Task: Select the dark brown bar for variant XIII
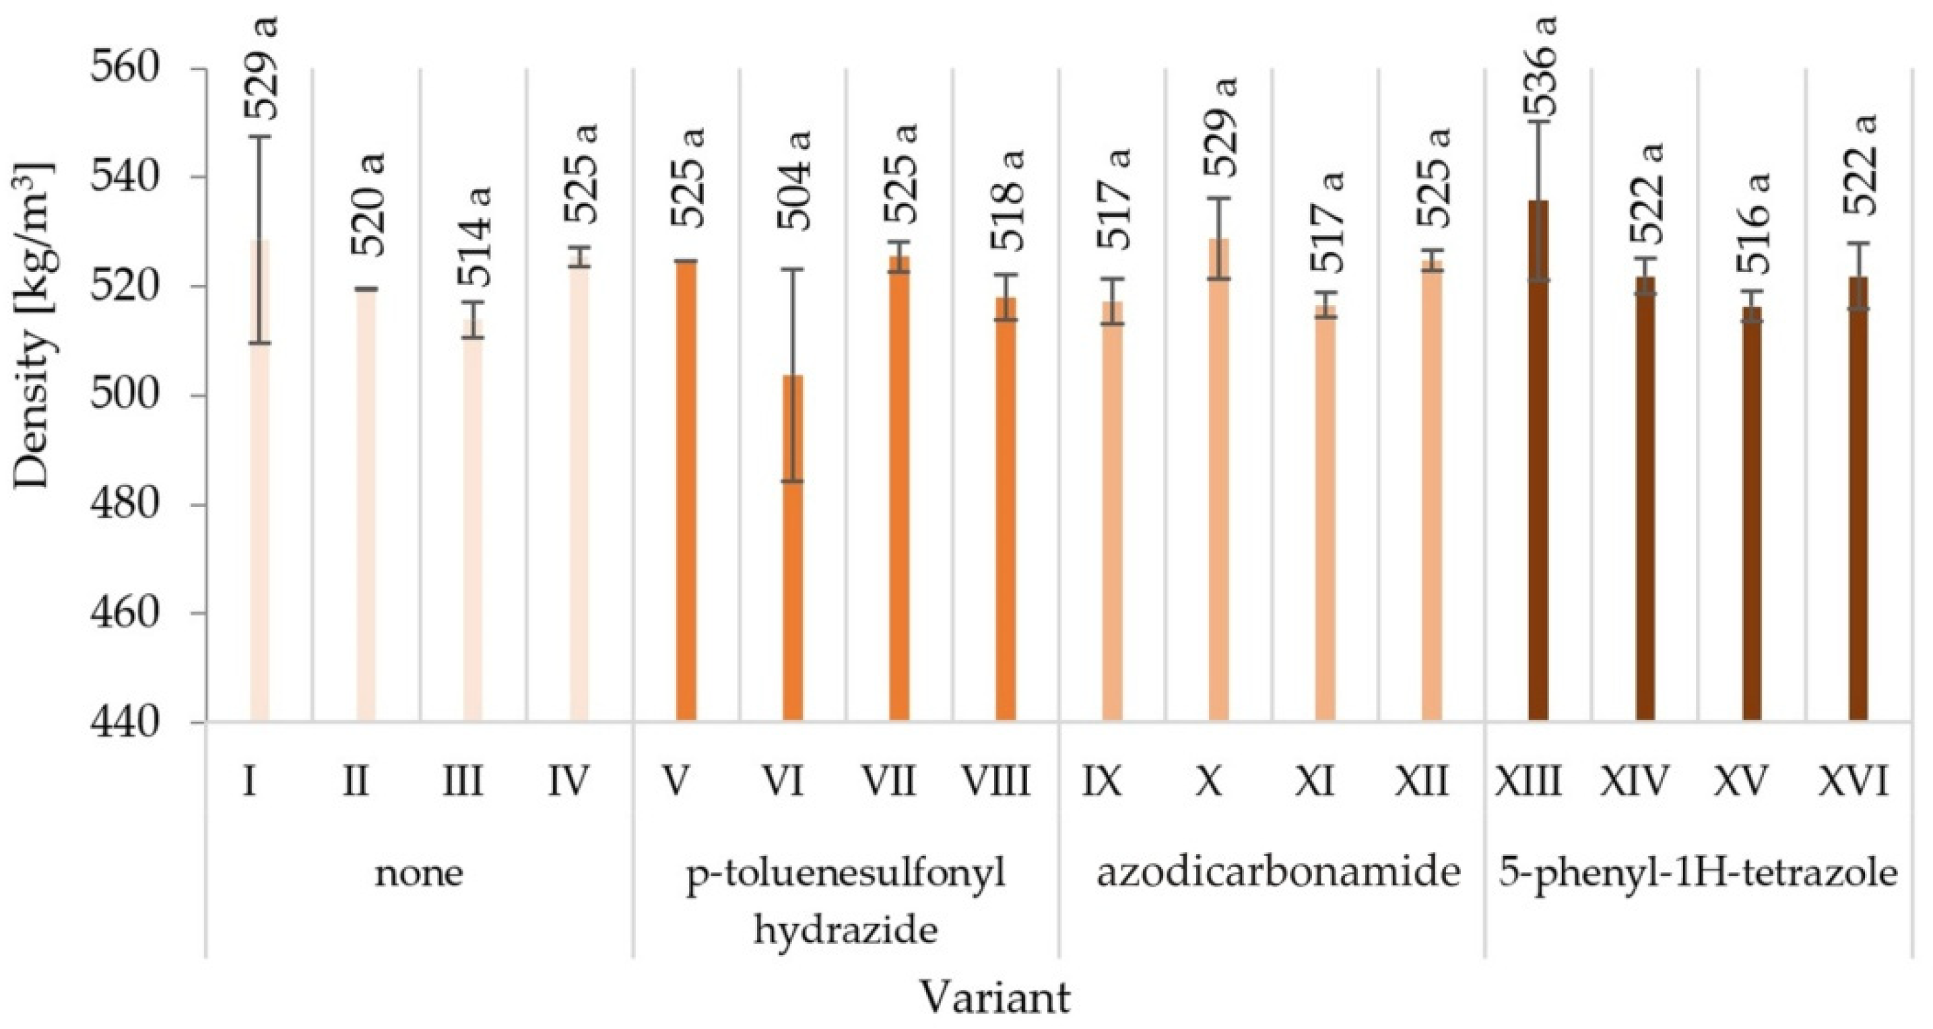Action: [x=1538, y=465]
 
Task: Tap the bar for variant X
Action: [x=1218, y=480]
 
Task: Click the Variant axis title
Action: [x=993, y=998]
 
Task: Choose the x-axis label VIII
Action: [x=995, y=782]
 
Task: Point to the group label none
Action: [x=419, y=873]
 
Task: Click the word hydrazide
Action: [x=845, y=931]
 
